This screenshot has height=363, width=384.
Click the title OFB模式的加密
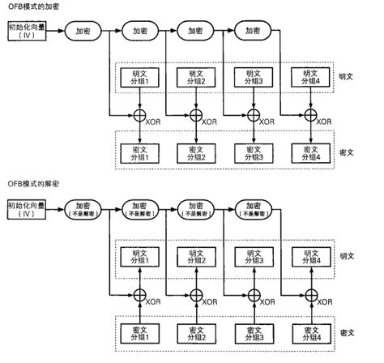34,6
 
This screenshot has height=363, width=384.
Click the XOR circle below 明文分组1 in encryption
140,114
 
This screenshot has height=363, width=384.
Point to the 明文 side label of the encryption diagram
345,77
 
